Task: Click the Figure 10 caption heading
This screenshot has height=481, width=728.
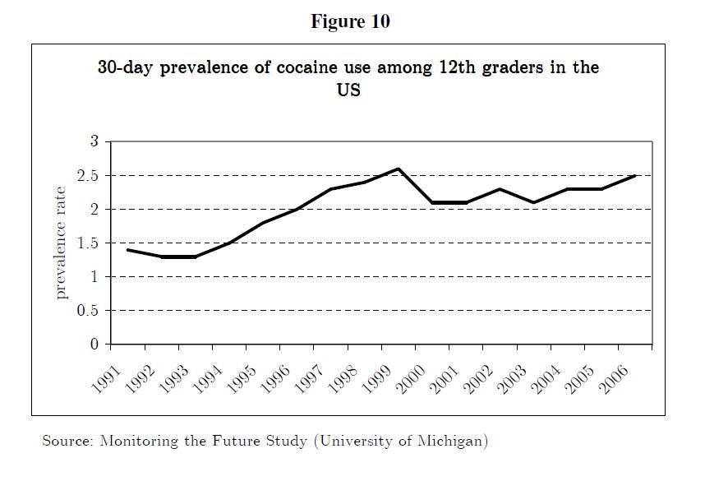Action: tap(350, 22)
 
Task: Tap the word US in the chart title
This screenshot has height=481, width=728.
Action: tap(348, 90)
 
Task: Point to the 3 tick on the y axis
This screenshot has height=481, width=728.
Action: tap(94, 141)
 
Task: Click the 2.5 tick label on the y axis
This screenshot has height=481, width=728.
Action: tap(89, 176)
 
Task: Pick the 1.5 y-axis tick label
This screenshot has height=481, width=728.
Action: tap(89, 243)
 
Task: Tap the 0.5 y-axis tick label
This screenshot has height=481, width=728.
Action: tap(89, 311)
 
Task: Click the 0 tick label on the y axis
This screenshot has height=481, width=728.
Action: tap(94, 344)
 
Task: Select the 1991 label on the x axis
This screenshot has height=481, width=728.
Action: tap(104, 377)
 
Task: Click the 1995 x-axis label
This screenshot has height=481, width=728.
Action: tap(240, 377)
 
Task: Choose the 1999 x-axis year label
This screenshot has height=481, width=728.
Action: tap(375, 377)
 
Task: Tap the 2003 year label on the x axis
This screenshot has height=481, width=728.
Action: tap(510, 377)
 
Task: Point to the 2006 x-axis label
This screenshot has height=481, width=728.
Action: tap(612, 377)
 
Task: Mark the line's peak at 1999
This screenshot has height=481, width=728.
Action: tap(399, 169)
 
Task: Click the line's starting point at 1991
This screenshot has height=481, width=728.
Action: tap(128, 249)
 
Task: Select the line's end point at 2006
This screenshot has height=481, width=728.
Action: tap(635, 175)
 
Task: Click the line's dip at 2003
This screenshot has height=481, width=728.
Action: tap(534, 202)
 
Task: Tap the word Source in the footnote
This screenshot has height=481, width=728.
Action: tap(66, 442)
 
